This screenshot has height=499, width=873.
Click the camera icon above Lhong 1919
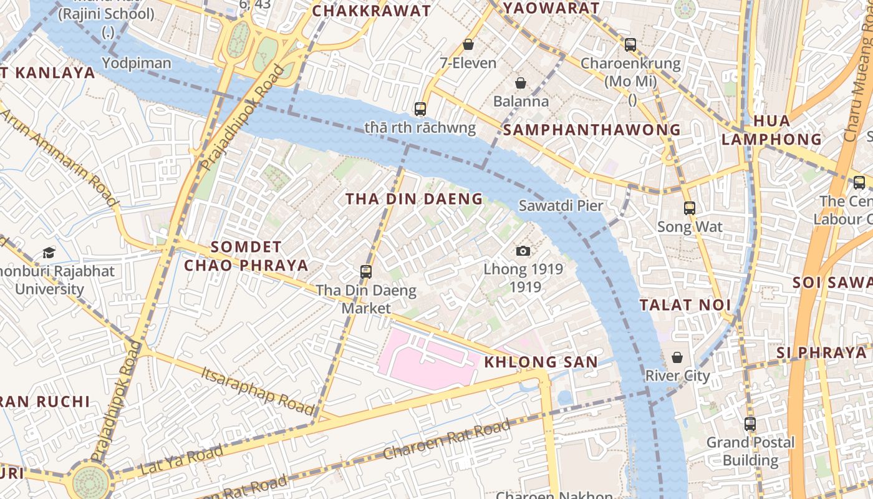click(x=523, y=251)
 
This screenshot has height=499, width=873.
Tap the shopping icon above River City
click(x=677, y=357)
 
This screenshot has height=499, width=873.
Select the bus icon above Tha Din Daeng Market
click(x=366, y=271)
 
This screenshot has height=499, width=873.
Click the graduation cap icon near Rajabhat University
click(x=49, y=253)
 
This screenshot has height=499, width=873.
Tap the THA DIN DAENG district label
click(x=414, y=199)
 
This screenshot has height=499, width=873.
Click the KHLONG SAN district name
click(x=541, y=362)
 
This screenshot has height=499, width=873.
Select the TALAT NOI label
click(x=684, y=305)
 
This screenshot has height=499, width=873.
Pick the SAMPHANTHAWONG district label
click(x=592, y=130)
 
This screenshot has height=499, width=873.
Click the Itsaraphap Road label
click(x=258, y=390)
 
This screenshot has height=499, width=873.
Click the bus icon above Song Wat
click(x=689, y=208)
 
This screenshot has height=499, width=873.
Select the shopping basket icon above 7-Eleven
click(x=468, y=44)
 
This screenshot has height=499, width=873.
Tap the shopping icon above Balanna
click(x=521, y=83)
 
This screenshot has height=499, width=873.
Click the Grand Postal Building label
click(x=750, y=452)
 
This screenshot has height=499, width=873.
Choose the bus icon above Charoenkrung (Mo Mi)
click(x=630, y=44)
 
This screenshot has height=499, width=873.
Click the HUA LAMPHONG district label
click(x=771, y=130)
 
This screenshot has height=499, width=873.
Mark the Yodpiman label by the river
click(x=136, y=63)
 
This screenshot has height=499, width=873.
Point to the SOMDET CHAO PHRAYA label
click(x=246, y=256)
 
